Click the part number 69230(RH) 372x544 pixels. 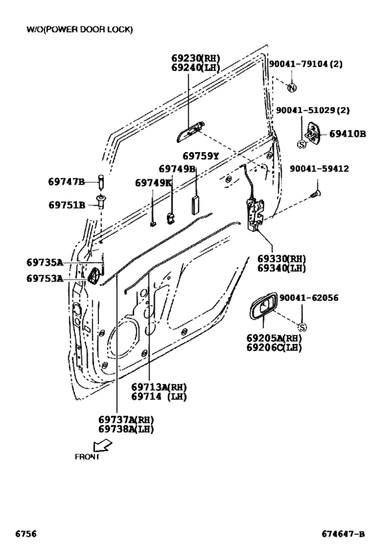coord(195,58)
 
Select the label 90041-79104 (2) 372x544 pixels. coord(306,64)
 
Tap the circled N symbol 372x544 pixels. coord(292,88)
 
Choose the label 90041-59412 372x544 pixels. coord(319,169)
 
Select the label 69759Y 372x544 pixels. coord(201,156)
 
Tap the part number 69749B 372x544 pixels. coord(177,169)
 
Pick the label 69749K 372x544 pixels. coord(153,183)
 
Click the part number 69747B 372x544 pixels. coord(66,182)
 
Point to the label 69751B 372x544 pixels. coord(66,205)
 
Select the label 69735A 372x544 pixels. coord(45,262)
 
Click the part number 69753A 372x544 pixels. coord(45,278)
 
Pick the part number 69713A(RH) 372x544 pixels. coord(159,387)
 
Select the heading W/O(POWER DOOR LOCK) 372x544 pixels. coord(79,29)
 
